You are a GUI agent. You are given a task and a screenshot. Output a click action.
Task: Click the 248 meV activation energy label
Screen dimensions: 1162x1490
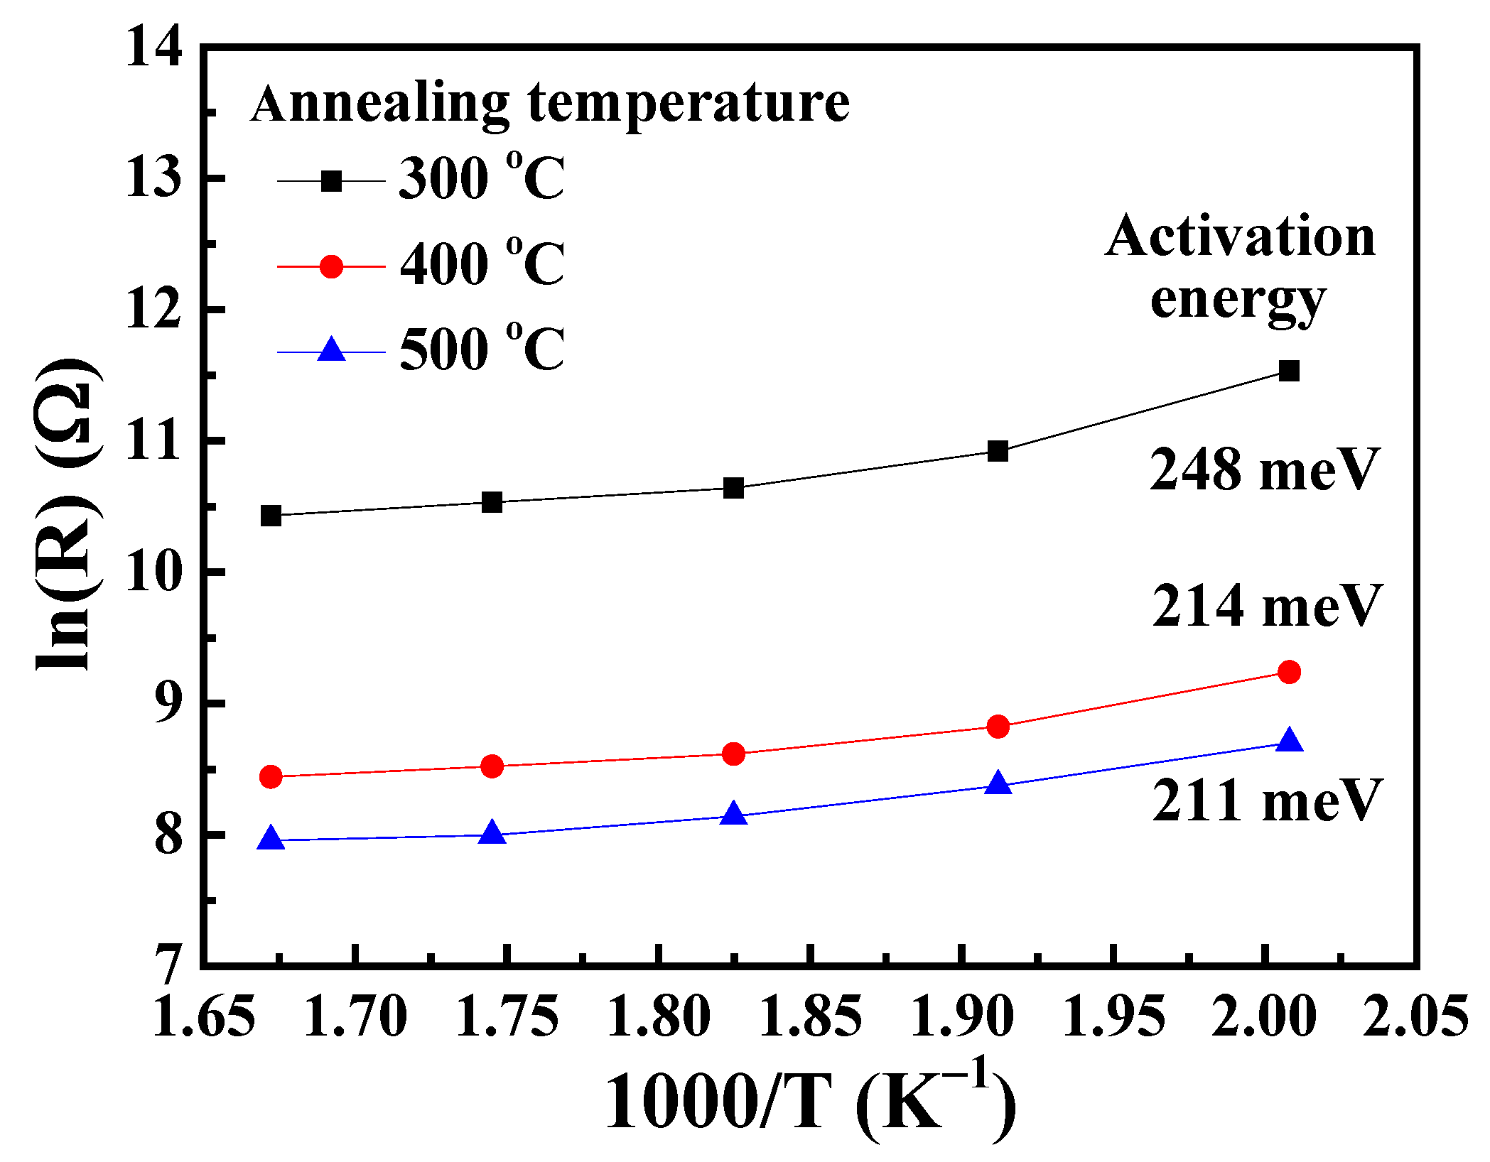1264,470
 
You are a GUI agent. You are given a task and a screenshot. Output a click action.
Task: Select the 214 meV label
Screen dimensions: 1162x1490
1267,606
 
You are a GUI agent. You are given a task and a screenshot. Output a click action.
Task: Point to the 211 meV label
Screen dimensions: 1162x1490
1267,800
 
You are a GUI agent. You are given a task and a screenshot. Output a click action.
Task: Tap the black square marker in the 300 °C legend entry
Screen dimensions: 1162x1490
331,181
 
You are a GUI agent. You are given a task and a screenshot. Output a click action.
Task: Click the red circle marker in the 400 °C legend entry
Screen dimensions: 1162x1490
331,266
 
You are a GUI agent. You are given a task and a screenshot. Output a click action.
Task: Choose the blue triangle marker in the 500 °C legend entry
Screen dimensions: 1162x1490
331,350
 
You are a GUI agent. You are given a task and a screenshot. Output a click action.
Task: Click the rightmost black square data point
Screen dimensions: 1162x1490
1289,371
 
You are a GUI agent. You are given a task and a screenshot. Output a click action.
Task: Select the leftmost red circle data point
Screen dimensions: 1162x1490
271,776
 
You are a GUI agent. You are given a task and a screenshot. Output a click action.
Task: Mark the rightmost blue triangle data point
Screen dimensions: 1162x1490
1289,741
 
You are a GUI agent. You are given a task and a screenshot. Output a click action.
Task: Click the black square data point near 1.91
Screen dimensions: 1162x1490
998,451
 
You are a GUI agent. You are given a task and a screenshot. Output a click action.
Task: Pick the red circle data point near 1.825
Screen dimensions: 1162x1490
733,754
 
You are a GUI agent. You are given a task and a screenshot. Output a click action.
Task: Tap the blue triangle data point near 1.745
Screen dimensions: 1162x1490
492,832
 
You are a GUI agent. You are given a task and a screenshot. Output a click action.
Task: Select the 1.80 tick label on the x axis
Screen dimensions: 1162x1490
659,1016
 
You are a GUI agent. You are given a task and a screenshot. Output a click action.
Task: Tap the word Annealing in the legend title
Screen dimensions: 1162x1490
380,104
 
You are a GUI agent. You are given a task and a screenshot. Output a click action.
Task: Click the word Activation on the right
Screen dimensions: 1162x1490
1240,237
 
